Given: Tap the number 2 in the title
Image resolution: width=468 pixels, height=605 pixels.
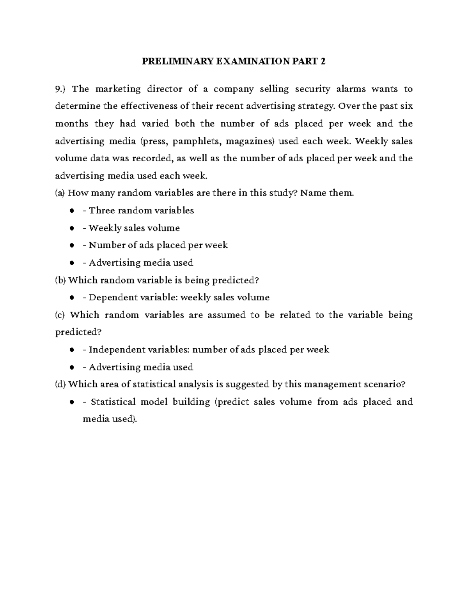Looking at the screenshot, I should click(x=323, y=62).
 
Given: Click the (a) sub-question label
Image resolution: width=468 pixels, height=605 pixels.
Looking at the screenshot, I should click(x=61, y=193).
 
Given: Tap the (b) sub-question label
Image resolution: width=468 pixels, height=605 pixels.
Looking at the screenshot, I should click(x=61, y=280).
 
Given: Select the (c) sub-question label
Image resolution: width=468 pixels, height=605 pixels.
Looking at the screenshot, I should click(x=61, y=315).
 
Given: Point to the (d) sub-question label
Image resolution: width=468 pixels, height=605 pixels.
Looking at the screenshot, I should click(x=61, y=385).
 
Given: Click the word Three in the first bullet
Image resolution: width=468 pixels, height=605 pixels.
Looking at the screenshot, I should click(x=102, y=211).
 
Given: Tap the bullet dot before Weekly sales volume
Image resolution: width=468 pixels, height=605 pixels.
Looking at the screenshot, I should click(x=72, y=228).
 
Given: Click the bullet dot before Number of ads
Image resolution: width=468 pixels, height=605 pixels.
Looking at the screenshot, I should click(x=72, y=245).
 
